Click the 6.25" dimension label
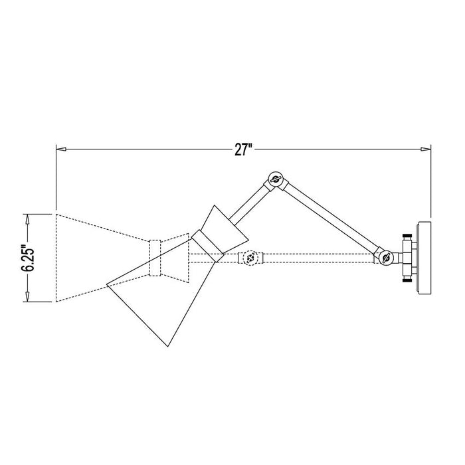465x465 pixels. [27, 258]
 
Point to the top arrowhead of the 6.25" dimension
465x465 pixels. [27, 217]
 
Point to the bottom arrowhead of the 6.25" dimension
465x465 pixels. [27, 299]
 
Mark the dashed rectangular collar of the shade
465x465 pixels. [156, 258]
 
